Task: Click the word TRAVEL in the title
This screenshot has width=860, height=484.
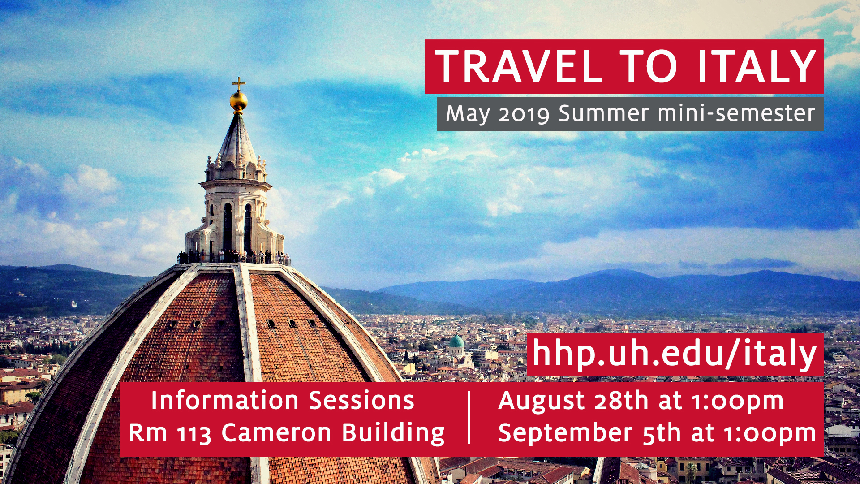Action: click(518, 66)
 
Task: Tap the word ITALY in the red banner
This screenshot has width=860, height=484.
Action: click(757, 66)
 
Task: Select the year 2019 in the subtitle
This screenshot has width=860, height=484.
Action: click(524, 114)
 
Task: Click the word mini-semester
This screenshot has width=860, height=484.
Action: click(736, 113)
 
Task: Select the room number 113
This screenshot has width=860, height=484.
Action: click(194, 434)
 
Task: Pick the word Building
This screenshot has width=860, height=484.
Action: click(393, 434)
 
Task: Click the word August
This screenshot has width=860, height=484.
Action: click(542, 401)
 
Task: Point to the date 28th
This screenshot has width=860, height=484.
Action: click(621, 400)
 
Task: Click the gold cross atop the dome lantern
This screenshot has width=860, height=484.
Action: click(238, 84)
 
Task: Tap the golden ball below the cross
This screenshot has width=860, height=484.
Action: click(238, 101)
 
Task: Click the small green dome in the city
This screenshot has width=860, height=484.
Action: click(456, 341)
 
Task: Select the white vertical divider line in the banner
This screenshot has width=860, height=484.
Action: click(469, 417)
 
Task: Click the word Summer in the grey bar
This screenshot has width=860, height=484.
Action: click(603, 113)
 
